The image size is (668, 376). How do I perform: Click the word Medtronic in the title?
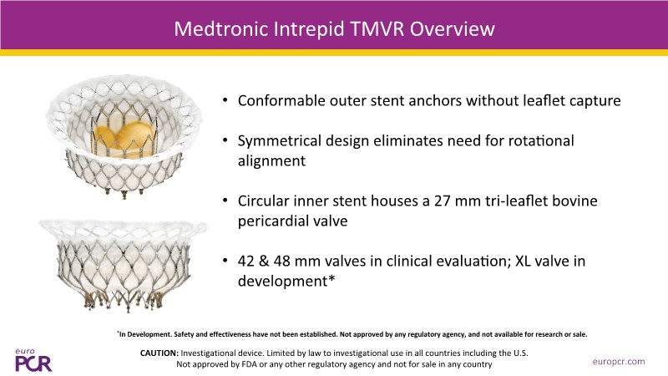point(221,29)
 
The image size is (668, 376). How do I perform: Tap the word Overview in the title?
point(452,29)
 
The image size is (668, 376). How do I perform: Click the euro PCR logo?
point(33,360)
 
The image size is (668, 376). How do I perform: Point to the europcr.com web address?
point(619,362)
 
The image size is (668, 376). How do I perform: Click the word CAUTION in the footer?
point(159,353)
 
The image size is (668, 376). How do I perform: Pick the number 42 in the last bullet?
point(246,261)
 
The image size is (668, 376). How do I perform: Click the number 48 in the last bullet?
point(282,261)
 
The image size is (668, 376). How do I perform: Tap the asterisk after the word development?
point(331,279)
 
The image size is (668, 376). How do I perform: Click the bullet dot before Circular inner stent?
point(225,201)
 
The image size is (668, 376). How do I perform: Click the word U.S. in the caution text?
point(520,353)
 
